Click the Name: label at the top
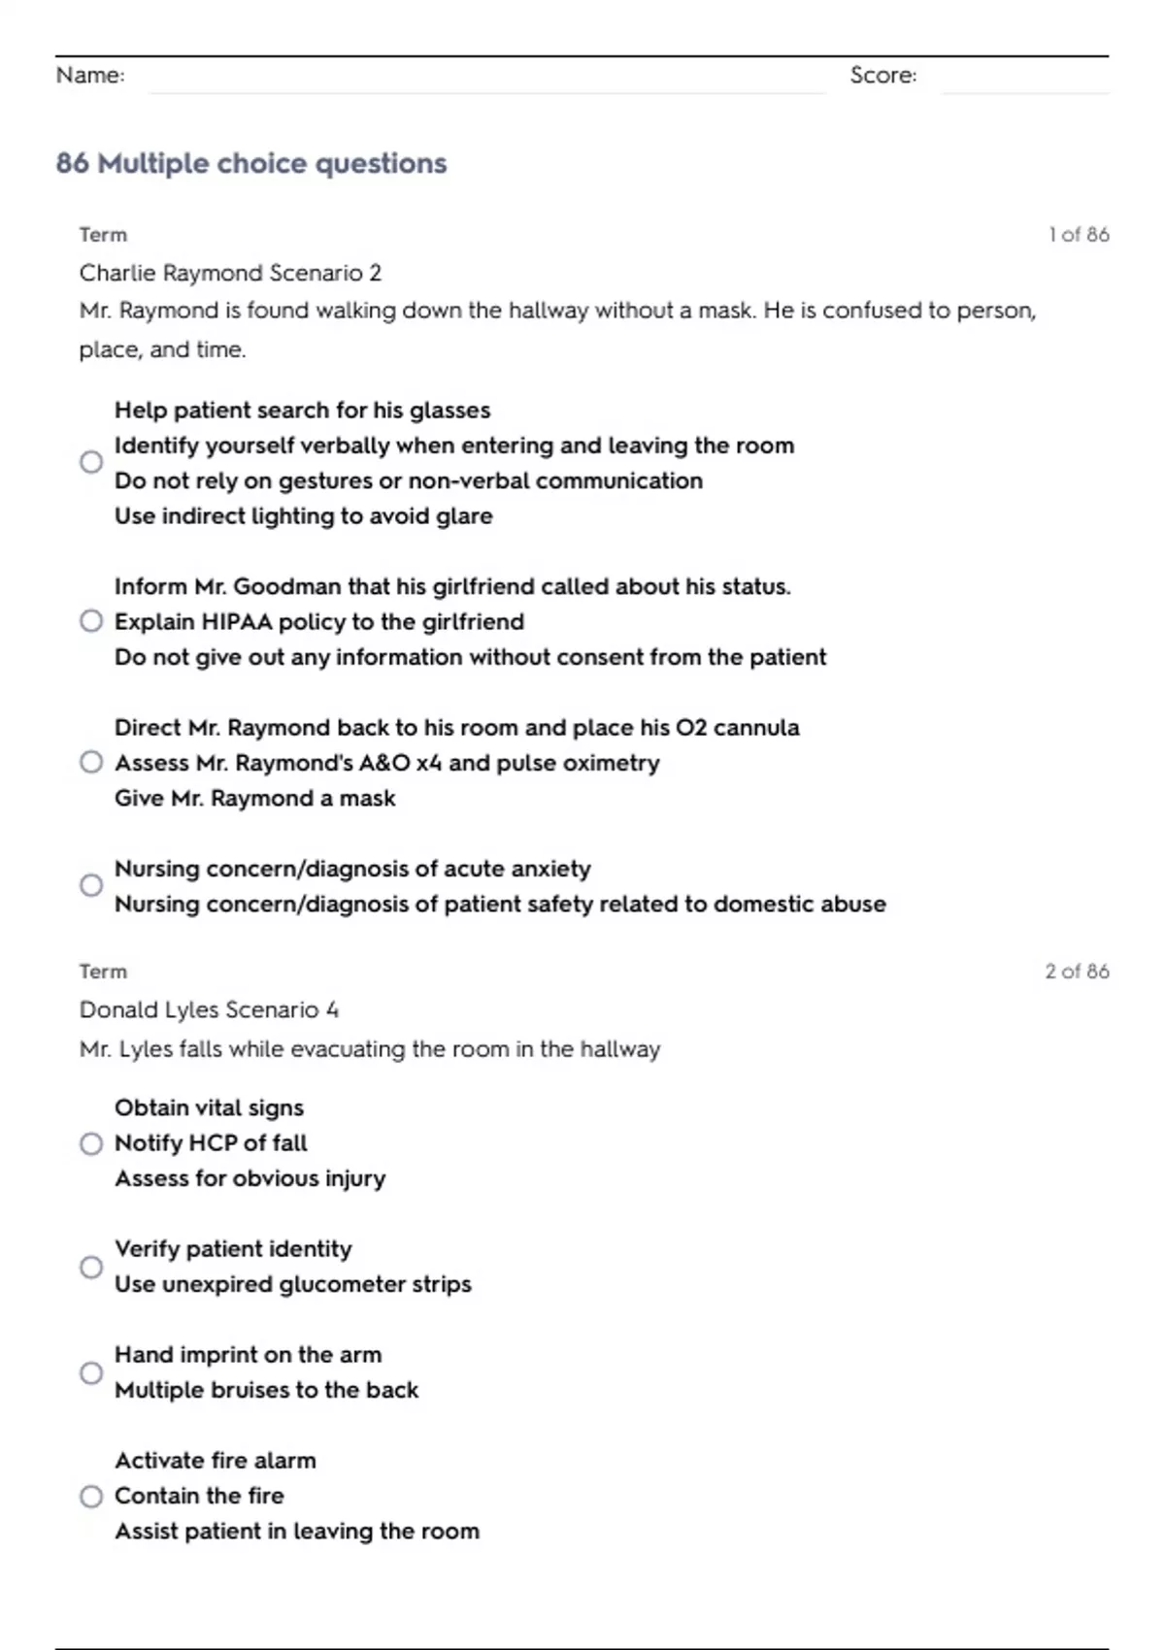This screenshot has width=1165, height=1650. click(90, 75)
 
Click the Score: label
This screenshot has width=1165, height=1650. click(882, 75)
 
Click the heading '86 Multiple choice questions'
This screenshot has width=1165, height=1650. click(251, 163)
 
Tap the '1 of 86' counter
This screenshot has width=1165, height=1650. click(1079, 235)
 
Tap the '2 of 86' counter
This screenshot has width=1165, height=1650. click(1077, 972)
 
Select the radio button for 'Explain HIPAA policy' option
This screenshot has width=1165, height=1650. click(91, 621)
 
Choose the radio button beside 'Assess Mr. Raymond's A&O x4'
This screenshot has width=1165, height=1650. click(91, 763)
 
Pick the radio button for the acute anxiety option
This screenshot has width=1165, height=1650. click(91, 885)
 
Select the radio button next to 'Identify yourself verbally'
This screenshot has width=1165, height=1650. click(91, 462)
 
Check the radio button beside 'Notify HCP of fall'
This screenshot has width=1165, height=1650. click(91, 1143)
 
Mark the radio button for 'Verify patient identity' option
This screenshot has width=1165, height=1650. click(91, 1267)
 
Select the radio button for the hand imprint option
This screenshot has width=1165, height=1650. click(91, 1372)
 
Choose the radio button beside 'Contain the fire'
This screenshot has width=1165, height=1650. click(91, 1496)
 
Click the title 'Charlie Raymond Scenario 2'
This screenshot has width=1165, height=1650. click(230, 273)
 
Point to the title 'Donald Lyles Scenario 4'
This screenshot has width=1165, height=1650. click(209, 1010)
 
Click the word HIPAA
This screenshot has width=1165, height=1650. click(236, 622)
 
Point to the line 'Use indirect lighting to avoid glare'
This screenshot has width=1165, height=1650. click(303, 516)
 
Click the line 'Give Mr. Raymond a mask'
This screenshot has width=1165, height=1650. click(254, 799)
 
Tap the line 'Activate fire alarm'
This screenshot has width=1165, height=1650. click(215, 1461)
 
